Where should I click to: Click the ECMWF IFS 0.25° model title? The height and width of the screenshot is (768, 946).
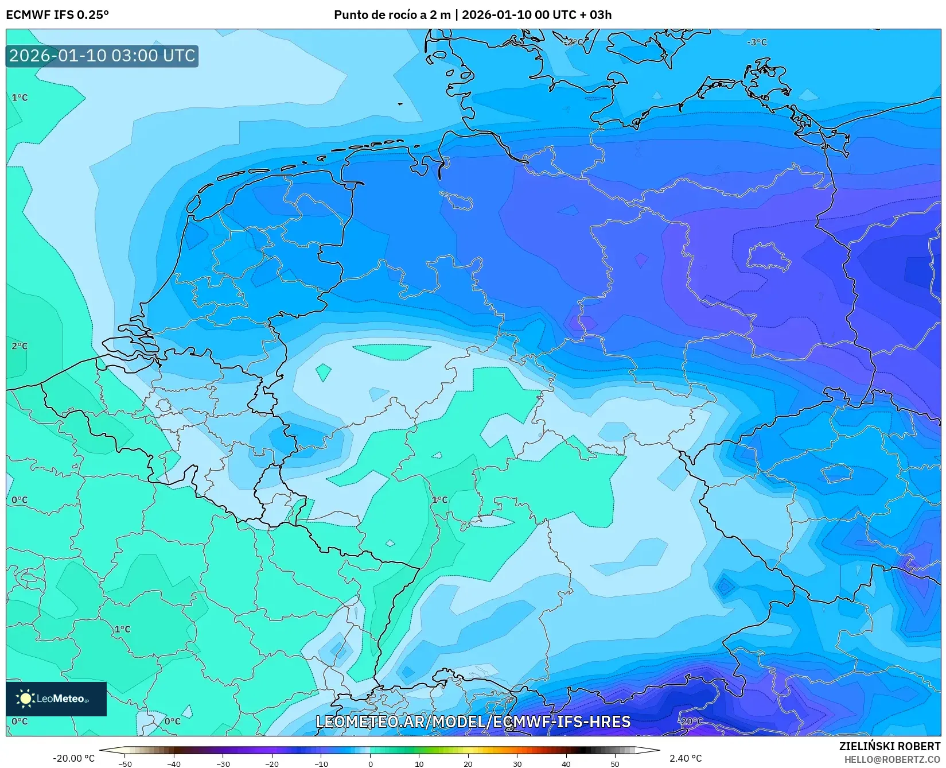[x=57, y=14]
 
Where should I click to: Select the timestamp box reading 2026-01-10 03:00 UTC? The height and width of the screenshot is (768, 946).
[x=102, y=56]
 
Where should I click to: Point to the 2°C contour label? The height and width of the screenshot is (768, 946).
[x=20, y=346]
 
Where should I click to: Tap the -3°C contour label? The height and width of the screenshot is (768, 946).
[x=757, y=42]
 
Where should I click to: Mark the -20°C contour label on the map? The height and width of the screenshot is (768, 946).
[x=690, y=722]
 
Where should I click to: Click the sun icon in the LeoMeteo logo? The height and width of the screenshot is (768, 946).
[x=25, y=699]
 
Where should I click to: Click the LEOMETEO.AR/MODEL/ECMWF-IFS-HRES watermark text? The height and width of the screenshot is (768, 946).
[x=473, y=722]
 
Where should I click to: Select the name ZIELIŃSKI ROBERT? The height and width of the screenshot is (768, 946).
[x=890, y=747]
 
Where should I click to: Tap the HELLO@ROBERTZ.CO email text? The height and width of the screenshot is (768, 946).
[x=892, y=759]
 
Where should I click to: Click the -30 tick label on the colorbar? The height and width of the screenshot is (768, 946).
[x=223, y=764]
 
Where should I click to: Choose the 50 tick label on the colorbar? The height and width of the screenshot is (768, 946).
[x=615, y=764]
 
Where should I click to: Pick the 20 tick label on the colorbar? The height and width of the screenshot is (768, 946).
[x=468, y=764]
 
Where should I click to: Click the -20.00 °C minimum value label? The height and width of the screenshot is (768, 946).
[x=73, y=758]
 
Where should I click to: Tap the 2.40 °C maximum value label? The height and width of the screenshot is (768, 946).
[x=686, y=758]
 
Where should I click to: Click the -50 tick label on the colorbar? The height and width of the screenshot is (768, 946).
[x=125, y=764]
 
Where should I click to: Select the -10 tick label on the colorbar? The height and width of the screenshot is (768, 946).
[x=321, y=764]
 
